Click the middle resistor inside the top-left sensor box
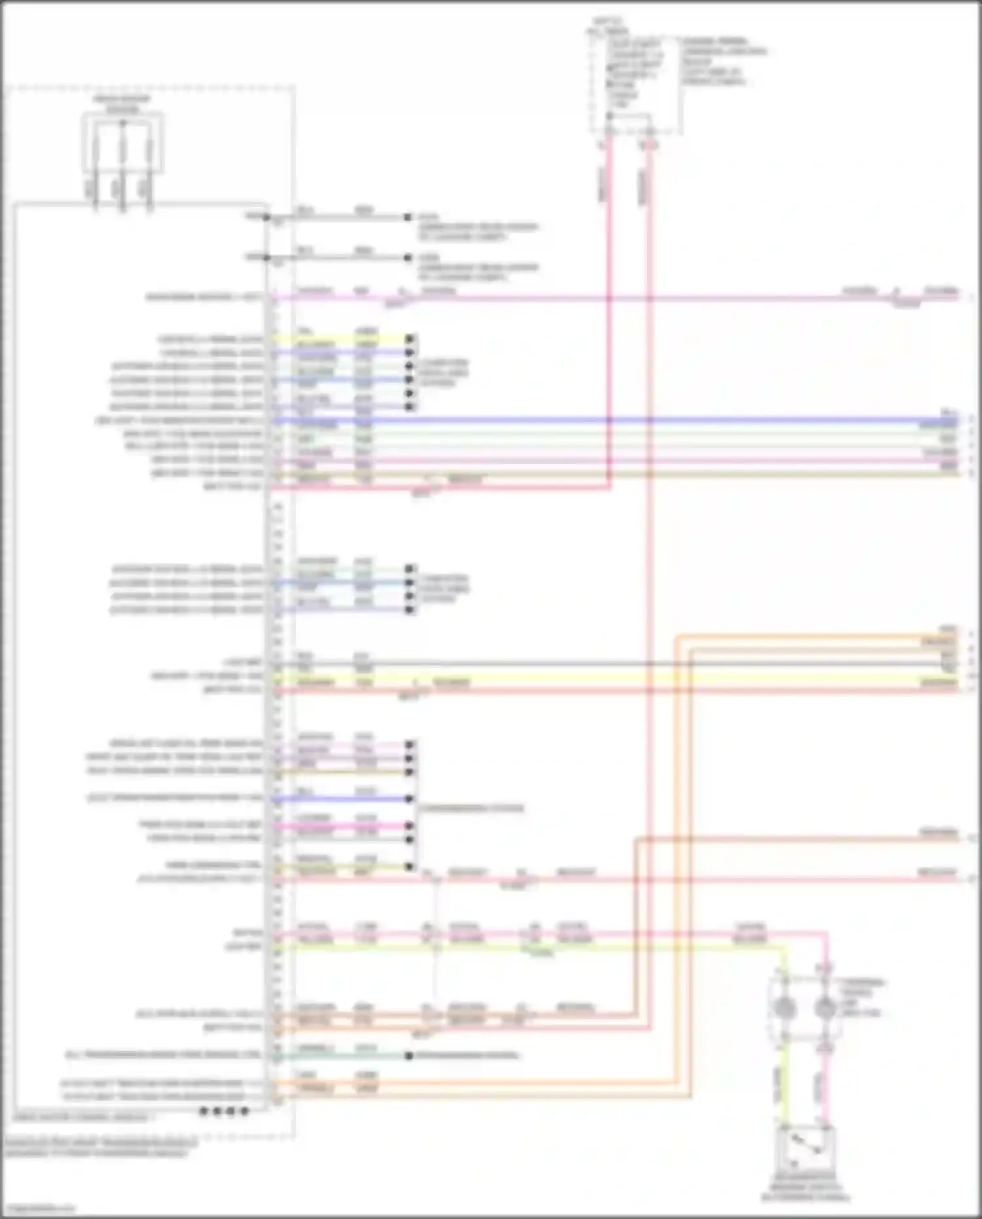pos(122,154)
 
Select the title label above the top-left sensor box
pos(122,103)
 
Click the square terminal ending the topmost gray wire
pos(408,217)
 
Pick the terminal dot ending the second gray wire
pos(408,257)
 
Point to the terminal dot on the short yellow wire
pos(410,339)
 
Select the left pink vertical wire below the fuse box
pos(609,314)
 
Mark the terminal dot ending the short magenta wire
pos(410,826)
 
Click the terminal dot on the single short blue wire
pos(410,799)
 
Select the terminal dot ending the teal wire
pos(409,1056)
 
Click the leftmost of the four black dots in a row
pos(203,1111)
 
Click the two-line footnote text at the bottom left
pos(98,1148)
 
